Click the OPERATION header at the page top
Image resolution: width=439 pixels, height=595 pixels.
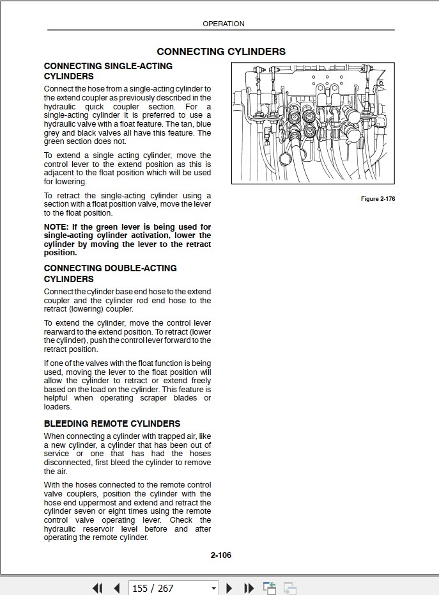(x=223, y=24)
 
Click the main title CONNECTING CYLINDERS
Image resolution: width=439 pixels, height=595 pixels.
(x=221, y=52)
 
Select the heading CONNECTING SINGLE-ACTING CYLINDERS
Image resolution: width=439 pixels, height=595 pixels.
(x=108, y=71)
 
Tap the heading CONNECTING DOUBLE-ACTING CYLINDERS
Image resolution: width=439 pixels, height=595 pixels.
(x=110, y=273)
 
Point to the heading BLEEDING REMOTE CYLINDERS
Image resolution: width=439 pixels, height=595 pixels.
(x=112, y=424)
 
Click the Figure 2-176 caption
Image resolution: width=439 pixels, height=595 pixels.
(x=378, y=199)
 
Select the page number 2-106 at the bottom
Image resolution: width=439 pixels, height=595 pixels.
(x=220, y=555)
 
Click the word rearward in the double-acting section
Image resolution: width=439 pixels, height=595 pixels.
(x=63, y=332)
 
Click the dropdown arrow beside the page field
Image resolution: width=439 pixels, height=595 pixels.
(x=213, y=588)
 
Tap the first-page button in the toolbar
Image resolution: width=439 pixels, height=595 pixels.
(x=97, y=588)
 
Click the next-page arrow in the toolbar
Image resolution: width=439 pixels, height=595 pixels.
(x=229, y=588)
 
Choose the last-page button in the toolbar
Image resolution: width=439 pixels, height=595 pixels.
(x=249, y=588)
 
